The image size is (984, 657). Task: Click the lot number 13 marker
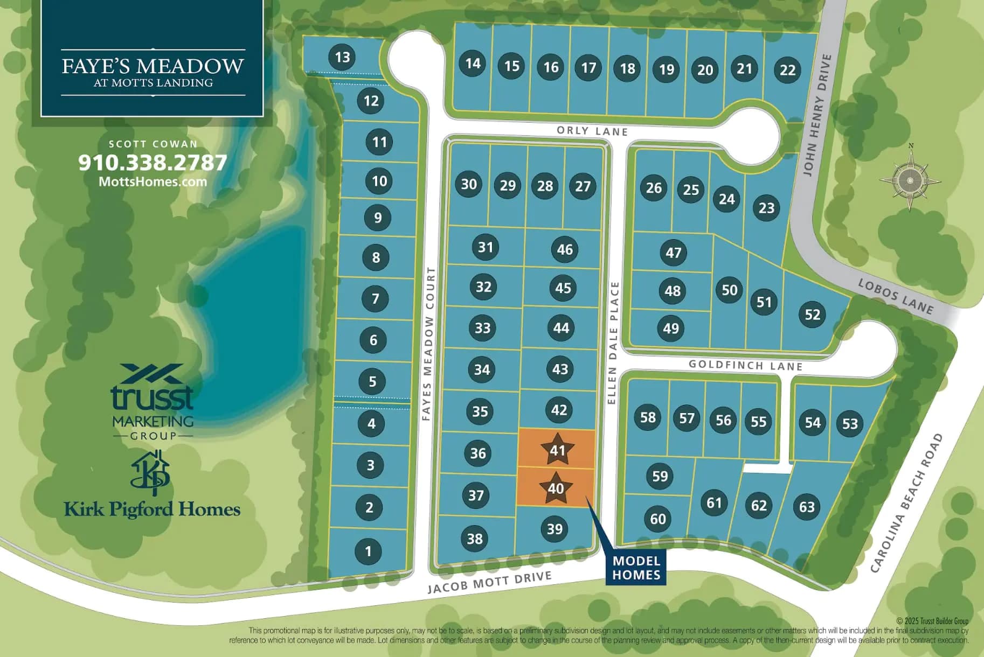pyautogui.click(x=342, y=57)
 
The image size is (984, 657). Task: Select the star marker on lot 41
pyautogui.click(x=558, y=449)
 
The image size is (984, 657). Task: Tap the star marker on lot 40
pyautogui.click(x=556, y=488)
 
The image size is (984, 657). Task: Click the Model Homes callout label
pyautogui.click(x=636, y=568)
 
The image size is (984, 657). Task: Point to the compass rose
pyautogui.click(x=910, y=179)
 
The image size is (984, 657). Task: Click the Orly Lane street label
pyautogui.click(x=592, y=131)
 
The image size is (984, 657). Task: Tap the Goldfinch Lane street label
pyautogui.click(x=746, y=365)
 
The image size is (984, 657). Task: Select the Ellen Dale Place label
pyautogui.click(x=613, y=343)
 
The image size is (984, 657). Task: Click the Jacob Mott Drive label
pyautogui.click(x=489, y=582)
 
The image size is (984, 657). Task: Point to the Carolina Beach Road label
pyautogui.click(x=907, y=503)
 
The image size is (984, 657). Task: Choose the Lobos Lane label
pyautogui.click(x=896, y=296)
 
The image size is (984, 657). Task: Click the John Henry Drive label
pyautogui.click(x=817, y=115)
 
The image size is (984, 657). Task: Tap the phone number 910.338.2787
pyautogui.click(x=153, y=163)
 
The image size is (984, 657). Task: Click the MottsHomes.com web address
pyautogui.click(x=153, y=181)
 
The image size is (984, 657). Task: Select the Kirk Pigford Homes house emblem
pyautogui.click(x=150, y=472)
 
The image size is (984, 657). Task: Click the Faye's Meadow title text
pyautogui.click(x=153, y=66)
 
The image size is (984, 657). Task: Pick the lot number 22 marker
pyautogui.click(x=788, y=70)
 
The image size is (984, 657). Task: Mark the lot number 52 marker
pyautogui.click(x=812, y=314)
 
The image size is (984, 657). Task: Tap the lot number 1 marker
pyautogui.click(x=369, y=551)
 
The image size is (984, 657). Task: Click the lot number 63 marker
pyautogui.click(x=807, y=507)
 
